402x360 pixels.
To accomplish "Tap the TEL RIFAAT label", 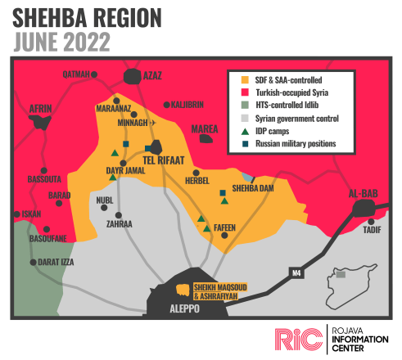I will [163, 160].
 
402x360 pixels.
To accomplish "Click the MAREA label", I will [205, 129].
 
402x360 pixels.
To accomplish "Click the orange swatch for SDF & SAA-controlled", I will [234, 80].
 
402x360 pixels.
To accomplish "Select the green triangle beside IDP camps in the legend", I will [234, 132].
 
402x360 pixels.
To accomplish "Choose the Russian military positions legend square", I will [234, 145].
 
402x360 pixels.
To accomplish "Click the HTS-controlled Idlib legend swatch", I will [234, 106].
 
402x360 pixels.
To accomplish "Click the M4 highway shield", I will [296, 271].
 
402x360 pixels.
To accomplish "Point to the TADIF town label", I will [373, 230].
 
